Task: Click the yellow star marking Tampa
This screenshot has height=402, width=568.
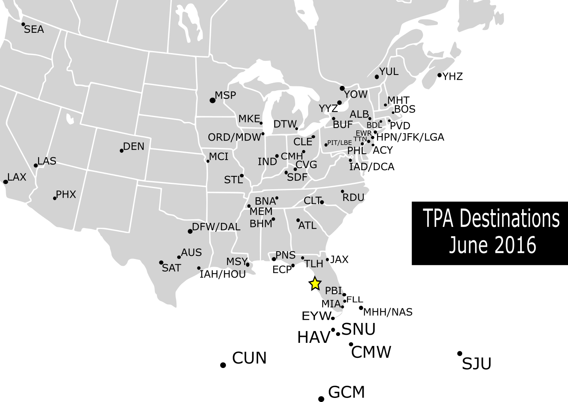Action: click(x=315, y=284)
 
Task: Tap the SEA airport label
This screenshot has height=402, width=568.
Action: click(x=34, y=30)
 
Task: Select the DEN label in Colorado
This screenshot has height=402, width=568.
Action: click(x=134, y=146)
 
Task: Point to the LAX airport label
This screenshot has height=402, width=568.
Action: click(x=17, y=177)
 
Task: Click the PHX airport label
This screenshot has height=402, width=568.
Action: click(x=66, y=195)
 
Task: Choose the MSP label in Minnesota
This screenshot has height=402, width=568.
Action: click(x=225, y=96)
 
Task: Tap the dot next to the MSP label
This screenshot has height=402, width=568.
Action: click(x=212, y=100)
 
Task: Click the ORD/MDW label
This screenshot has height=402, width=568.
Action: click(x=234, y=137)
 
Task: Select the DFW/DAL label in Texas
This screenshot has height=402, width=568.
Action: click(x=216, y=227)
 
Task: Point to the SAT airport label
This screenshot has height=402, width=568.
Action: click(x=171, y=268)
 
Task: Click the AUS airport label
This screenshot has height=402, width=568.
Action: click(x=191, y=252)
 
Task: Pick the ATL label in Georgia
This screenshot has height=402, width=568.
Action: click(x=307, y=225)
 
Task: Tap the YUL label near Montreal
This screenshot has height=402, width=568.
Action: click(x=389, y=72)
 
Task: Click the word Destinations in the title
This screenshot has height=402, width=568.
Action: click(x=510, y=219)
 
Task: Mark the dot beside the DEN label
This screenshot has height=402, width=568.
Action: click(x=122, y=151)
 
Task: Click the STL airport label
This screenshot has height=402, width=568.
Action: click(x=234, y=180)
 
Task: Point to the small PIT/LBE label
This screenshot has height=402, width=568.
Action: click(x=340, y=143)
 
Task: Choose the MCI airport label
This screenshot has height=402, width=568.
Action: click(x=219, y=157)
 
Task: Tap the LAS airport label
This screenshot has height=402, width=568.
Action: click(x=47, y=161)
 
